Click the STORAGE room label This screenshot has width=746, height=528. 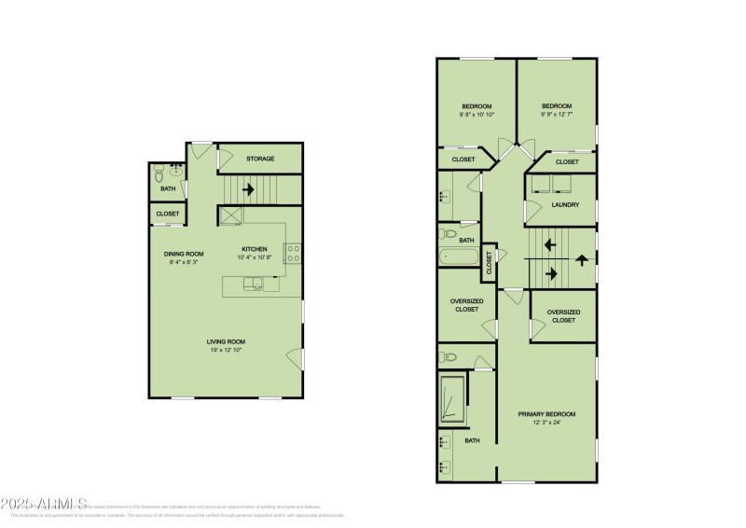pos(260,159)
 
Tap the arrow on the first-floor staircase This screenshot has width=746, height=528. pos(248,189)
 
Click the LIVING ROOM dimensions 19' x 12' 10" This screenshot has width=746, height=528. pos(227,350)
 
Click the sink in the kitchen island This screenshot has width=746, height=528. pos(252,286)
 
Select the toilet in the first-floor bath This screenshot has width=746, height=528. pos(159,174)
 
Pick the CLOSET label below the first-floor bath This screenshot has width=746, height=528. pos(168,214)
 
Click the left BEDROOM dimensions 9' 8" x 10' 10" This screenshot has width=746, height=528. pos(477,115)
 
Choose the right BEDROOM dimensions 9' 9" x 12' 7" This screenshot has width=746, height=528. pos(557,115)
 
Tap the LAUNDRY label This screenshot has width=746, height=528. pos(565,204)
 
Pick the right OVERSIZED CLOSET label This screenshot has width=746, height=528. pos(563,315)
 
